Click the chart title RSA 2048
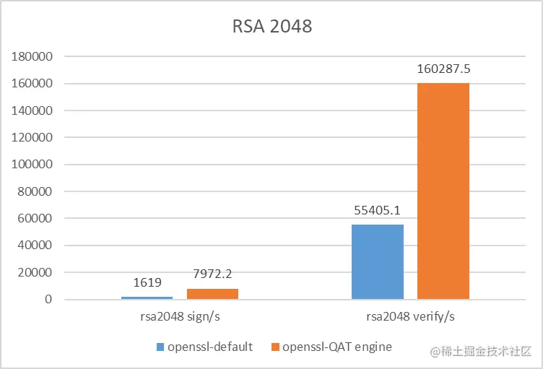271,27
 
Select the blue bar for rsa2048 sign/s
147,298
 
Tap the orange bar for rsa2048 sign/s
212,294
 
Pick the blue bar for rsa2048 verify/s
377,261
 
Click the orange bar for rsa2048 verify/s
443,191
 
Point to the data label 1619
147,282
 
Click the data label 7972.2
212,274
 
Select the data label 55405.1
377,210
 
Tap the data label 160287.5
443,69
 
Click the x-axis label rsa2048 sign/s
180,316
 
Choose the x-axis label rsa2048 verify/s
410,316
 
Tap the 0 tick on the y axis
48,299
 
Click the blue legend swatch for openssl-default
160,347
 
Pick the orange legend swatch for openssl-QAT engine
275,347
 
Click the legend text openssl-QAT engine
336,347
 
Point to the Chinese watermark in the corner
481,352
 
